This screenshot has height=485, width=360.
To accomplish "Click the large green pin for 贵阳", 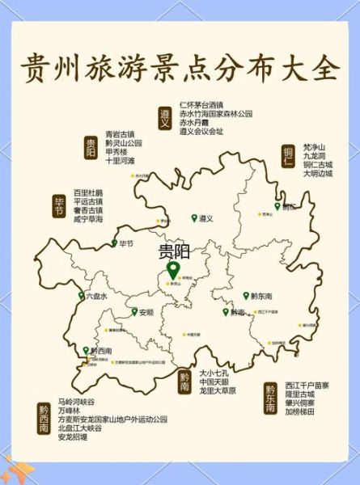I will pyautogui.click(x=172, y=269).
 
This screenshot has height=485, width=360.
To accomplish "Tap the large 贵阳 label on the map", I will pyautogui.click(x=173, y=251).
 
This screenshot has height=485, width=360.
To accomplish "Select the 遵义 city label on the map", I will pyautogui.click(x=205, y=218).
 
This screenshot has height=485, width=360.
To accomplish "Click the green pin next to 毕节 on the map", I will pyautogui.click(x=114, y=243).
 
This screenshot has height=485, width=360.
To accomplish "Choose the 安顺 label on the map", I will pyautogui.click(x=146, y=312).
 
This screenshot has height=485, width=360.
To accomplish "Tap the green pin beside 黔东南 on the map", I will pyautogui.click(x=246, y=297).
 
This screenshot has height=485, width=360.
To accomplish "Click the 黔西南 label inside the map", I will pyautogui.click(x=103, y=351).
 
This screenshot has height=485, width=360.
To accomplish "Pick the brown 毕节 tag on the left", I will pyautogui.click(x=59, y=205).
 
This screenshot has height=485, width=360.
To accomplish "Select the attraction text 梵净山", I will pyautogui.click(x=314, y=146).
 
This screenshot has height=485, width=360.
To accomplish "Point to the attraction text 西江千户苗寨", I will pyautogui.click(x=307, y=385).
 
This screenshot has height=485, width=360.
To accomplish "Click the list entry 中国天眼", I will pyautogui.click(x=216, y=382).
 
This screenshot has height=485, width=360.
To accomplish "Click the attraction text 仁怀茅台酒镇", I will pyautogui.click(x=201, y=105).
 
